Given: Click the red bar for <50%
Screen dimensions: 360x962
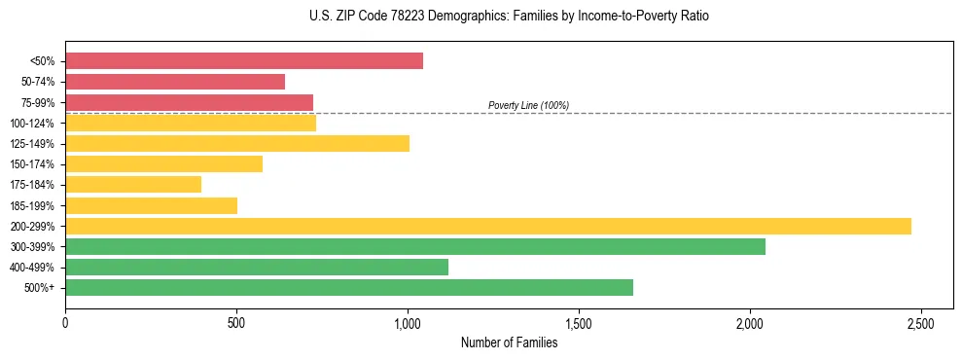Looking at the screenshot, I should [x=243, y=61].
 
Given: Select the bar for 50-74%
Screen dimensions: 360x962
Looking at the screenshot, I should [x=175, y=82].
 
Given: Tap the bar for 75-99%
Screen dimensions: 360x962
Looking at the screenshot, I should [x=189, y=102].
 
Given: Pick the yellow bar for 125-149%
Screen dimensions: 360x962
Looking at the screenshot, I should [x=236, y=143].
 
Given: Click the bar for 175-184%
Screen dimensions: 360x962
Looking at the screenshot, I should [x=133, y=184].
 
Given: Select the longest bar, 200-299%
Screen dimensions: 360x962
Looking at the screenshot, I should [x=487, y=226].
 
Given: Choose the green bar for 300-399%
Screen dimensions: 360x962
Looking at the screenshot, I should [x=414, y=246].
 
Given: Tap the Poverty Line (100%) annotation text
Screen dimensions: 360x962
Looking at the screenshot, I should [x=528, y=105].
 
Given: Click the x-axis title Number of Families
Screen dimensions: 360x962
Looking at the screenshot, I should [x=509, y=342].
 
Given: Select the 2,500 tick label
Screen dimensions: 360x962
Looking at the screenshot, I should [x=921, y=323].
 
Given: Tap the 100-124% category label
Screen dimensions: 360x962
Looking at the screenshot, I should [x=32, y=123].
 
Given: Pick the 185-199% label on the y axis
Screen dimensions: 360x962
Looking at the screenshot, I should [x=32, y=205].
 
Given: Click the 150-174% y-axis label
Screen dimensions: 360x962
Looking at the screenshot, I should [x=32, y=163].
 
